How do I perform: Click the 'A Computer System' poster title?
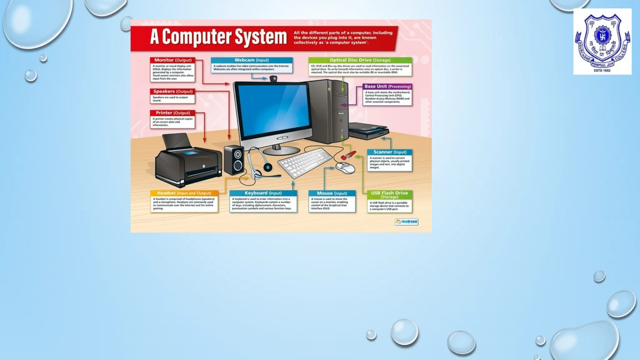(218, 37)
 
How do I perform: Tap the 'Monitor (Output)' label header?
(173, 60)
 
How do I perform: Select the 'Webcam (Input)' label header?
(252, 60)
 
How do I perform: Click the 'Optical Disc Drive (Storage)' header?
(360, 60)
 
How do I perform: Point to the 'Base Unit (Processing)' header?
(387, 86)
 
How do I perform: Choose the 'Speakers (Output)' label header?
(173, 92)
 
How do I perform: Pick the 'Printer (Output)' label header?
(173, 113)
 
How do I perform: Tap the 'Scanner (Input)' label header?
(390, 152)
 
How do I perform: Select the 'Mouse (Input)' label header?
(332, 193)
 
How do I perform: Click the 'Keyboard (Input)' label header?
(263, 193)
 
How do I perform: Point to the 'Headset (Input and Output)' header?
(184, 193)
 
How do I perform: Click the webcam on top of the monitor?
(273, 78)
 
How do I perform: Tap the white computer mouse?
(345, 167)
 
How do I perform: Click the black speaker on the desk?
(234, 160)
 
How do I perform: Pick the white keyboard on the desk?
(305, 162)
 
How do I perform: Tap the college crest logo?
(602, 42)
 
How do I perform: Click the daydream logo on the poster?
(406, 222)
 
